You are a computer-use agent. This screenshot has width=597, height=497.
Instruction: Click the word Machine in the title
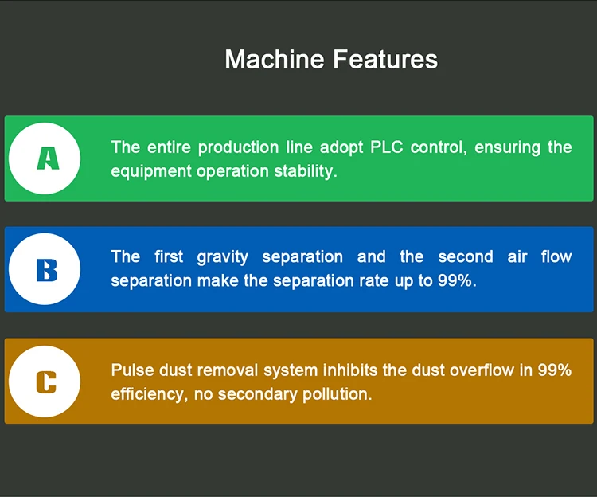[275, 59]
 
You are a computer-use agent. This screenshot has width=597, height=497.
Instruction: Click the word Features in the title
[385, 59]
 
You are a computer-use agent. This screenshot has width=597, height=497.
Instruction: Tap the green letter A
[48, 158]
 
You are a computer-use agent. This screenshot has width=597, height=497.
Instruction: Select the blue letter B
[47, 270]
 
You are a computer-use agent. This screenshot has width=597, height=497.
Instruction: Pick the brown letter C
[46, 382]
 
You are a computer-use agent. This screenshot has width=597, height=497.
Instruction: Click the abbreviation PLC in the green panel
[386, 147]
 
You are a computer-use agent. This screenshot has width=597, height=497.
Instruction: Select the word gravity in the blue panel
[223, 257]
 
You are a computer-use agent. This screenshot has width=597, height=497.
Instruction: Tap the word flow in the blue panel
[556, 256]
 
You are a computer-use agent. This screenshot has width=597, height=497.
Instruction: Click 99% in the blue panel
[457, 280]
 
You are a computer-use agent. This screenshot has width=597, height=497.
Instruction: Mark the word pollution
[337, 394]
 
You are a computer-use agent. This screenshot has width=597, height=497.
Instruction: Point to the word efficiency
[150, 394]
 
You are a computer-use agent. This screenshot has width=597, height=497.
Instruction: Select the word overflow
[482, 370]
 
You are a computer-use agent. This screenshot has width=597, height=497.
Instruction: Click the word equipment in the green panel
[151, 172]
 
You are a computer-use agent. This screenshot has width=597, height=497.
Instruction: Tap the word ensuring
[508, 148]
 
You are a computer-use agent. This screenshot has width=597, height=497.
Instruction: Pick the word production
[238, 148]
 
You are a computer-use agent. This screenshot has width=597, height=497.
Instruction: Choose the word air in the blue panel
[517, 257]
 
